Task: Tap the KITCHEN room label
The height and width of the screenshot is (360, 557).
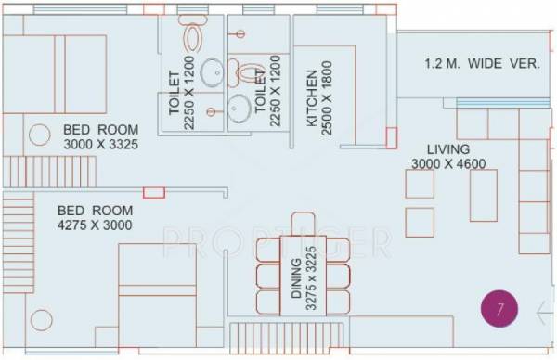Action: (313, 97)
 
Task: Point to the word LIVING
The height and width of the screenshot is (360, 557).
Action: (448, 148)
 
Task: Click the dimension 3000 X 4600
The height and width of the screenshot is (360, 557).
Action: (448, 164)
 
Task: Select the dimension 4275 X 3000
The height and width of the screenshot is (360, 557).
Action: (95, 225)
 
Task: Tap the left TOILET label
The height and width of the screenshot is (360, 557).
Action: (174, 94)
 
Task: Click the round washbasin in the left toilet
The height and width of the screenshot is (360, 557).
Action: (212, 72)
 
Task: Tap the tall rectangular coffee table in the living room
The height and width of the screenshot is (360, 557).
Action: (483, 195)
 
